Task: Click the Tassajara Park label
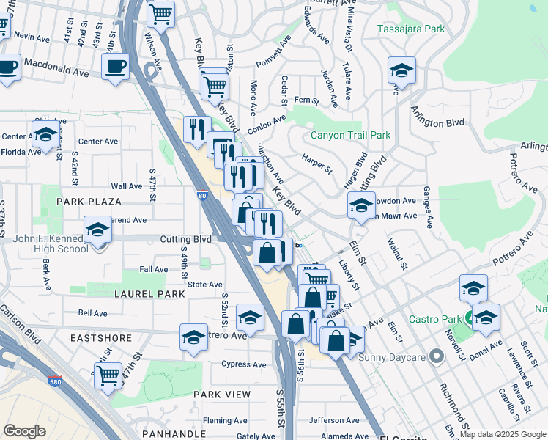(x=411, y=29)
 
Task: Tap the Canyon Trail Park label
(x=350, y=136)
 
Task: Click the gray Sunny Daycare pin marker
(x=437, y=357)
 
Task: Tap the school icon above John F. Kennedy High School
(x=98, y=230)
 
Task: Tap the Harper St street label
(x=317, y=163)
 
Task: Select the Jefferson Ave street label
(x=334, y=420)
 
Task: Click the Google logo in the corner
(x=24, y=431)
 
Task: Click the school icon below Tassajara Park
(x=401, y=70)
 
